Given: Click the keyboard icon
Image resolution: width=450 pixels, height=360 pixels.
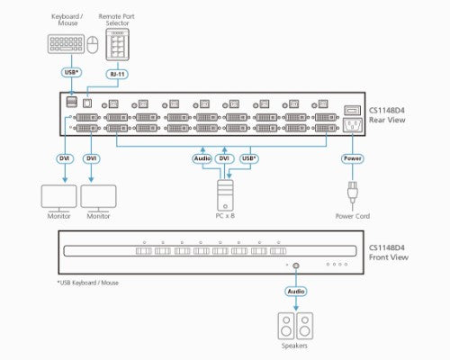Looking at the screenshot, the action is coord(66,44).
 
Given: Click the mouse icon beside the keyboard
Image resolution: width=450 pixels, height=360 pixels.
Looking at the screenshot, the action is coord(93,45).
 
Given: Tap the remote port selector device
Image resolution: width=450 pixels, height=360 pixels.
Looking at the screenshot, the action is coord(118,44).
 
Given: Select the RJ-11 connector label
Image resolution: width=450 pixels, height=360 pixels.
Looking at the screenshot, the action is coord(117,74).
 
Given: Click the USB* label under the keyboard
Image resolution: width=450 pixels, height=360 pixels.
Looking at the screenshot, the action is coord(71,72).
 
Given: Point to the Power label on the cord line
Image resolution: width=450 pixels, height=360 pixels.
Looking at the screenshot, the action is coord(353,158).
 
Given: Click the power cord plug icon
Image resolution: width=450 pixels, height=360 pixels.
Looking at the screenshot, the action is coord(353,193).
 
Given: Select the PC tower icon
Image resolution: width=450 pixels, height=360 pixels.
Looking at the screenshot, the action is coord(225,195).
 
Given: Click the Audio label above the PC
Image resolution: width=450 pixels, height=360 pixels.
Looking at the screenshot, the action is coord(202,158).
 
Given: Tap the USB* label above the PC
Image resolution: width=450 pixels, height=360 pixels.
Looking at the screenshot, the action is coord(249,158).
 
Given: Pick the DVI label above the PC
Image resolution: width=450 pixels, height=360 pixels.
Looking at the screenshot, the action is coord(224,158).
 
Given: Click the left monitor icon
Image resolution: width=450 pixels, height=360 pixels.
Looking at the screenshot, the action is coord(59,198).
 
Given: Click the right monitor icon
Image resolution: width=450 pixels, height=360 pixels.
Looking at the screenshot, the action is coord(98,198).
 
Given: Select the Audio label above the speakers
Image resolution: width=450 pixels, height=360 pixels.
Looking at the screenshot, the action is coord(296,292).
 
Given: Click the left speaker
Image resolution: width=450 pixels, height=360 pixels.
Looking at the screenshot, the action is coord(286,326).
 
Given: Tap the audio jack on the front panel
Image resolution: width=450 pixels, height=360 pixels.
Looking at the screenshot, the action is coord(296,265).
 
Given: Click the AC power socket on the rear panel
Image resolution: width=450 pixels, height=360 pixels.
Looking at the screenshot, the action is coord(353,125).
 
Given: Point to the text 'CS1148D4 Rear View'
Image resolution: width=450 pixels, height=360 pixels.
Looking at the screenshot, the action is coord(387,115).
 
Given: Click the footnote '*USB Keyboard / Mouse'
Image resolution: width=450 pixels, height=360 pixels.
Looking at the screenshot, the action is coord(88,283).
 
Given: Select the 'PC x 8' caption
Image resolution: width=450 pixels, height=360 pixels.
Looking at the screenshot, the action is coord(225,216).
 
